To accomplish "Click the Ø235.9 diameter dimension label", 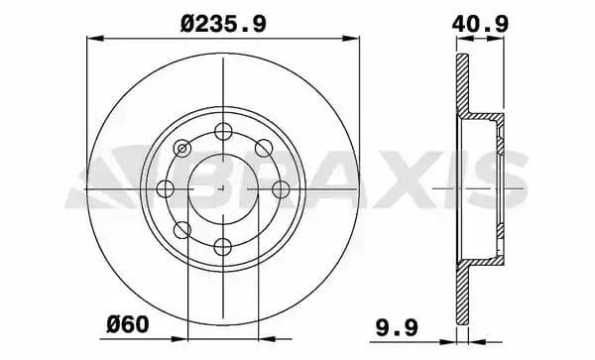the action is (223, 24).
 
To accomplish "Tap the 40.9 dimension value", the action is (480, 24).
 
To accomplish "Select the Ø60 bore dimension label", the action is (128, 324).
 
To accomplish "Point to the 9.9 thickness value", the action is (397, 327).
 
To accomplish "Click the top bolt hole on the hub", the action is (223, 131).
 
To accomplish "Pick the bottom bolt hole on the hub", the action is (223, 247).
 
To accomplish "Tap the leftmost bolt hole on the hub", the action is (165, 188).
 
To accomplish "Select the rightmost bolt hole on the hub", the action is (282, 188).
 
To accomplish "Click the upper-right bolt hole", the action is (264, 148).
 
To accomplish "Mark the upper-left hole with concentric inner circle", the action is (182, 148).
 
